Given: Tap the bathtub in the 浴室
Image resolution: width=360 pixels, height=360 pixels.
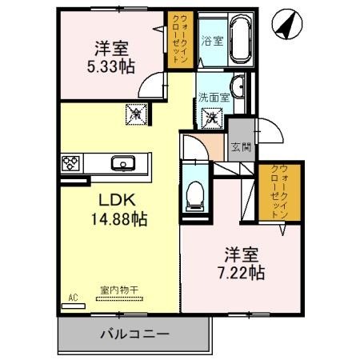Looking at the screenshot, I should click(240, 42).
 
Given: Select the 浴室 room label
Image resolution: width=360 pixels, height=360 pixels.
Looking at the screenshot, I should click(211, 41).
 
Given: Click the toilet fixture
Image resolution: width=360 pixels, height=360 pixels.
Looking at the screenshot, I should click(194, 192).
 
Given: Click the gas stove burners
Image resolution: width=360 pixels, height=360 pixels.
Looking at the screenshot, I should click(70, 163).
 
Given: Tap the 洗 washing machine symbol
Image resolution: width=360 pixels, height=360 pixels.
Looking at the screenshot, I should click(213, 118).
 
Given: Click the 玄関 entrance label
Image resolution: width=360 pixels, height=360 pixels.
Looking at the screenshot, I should click(239, 146).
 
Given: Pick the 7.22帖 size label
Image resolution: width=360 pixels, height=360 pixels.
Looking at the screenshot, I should click(240, 273).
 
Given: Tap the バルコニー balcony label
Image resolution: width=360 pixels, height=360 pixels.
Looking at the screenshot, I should click(134, 334).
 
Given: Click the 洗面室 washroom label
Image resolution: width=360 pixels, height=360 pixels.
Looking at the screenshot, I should click(214, 98).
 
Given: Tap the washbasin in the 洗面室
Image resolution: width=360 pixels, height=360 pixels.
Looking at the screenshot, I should click(238, 86).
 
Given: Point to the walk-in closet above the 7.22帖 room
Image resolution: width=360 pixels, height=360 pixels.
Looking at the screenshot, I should click(277, 191).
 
